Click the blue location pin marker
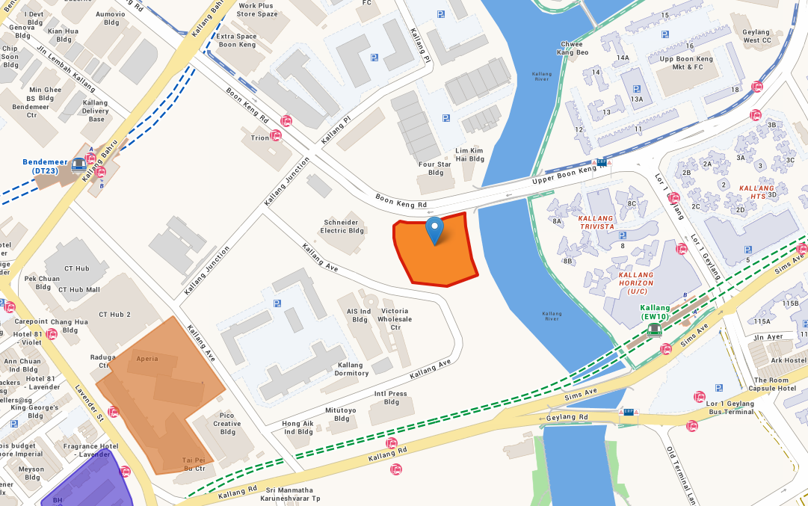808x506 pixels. (434, 229)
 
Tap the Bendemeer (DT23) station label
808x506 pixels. (40, 166)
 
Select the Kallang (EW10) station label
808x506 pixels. (656, 312)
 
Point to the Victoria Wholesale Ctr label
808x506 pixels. (395, 319)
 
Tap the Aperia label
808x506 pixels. (147, 359)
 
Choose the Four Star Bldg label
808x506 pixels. (436, 168)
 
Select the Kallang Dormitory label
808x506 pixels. (351, 368)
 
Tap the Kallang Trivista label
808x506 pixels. (596, 222)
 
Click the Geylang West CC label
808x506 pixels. (756, 36)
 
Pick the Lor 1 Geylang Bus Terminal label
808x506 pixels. (730, 408)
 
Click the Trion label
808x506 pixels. (259, 138)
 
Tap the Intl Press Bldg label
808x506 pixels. (391, 398)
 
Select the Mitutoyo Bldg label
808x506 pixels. (342, 414)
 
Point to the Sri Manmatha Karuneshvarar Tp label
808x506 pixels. (289, 494)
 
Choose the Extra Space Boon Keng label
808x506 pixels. (235, 40)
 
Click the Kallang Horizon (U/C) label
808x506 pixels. (636, 283)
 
